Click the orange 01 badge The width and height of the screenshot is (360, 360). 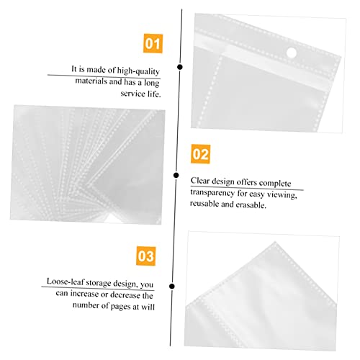coord(153,44)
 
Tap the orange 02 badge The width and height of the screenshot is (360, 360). coord(200,153)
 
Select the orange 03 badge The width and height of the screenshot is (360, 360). coord(145,256)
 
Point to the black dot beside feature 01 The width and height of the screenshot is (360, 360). coord(180,67)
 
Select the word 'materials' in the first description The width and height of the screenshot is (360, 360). coord(92,81)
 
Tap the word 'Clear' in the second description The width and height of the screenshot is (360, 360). coord(202,181)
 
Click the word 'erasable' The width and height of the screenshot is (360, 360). coord(249,204)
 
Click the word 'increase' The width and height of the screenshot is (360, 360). coord(92,294)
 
